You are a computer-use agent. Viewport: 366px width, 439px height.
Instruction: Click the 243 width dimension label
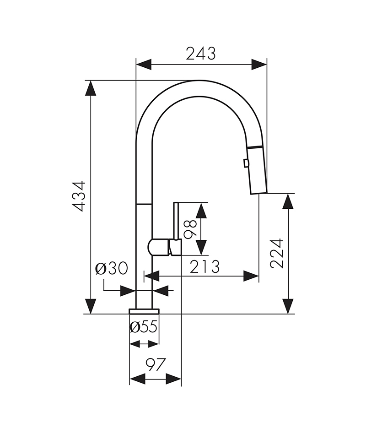pos(200,54)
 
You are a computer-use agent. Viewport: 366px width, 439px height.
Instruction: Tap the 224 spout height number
pos(277,253)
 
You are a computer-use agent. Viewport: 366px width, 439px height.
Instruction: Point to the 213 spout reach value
pos(205,266)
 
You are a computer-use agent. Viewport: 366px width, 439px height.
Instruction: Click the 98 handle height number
pos(190,229)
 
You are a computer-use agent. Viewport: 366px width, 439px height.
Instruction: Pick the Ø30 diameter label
pos(111,269)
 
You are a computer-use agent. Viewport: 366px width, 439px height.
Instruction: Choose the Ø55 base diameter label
pos(144,327)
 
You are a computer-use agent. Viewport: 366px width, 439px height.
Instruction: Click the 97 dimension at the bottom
pos(156,365)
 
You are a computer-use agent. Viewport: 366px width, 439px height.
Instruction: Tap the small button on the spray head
pos(246,163)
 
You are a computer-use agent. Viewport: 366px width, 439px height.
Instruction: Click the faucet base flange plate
pos(144,311)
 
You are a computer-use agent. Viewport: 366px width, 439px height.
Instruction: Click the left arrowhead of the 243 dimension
pos(144,65)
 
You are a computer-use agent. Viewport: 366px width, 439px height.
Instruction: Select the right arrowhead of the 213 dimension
pos(251,276)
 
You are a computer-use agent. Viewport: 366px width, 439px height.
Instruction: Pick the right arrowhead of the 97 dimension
pos(174,379)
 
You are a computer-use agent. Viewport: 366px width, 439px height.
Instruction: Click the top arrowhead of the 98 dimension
pos(201,210)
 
